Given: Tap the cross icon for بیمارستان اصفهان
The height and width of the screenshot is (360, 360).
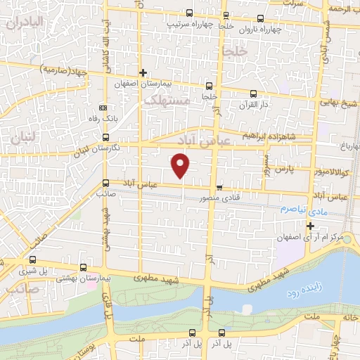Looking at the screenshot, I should tap(143, 72).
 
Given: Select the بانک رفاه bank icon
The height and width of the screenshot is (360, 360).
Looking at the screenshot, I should tap(103, 108).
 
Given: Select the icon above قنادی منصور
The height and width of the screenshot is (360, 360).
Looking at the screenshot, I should tap(220, 188).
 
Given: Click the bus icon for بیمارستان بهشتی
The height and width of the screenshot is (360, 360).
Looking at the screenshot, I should tap(84, 268).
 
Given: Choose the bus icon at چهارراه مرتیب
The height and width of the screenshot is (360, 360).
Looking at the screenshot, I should tap(189, 13).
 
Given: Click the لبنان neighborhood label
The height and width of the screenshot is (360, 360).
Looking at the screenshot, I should tap(22, 139).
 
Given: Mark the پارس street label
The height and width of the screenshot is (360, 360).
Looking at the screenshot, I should tap(283, 169).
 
